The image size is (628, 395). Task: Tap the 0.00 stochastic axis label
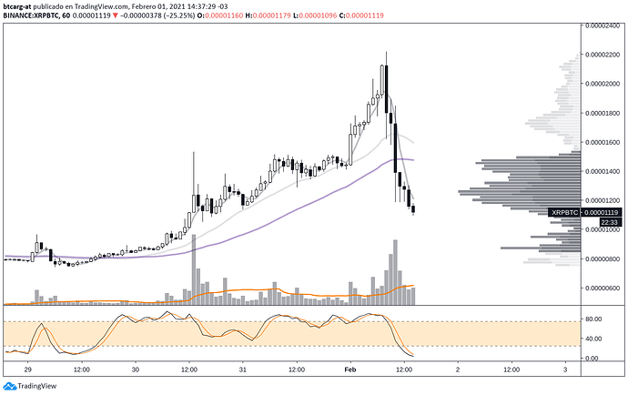coord(593,358)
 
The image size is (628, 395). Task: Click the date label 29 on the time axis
coord(28,370)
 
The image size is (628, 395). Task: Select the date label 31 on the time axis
coord(242,370)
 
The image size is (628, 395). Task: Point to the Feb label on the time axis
coord(350,370)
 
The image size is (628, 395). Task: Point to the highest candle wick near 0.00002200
coord(386,55)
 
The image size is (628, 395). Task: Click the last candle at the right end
coord(414,210)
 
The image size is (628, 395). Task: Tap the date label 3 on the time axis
coord(564,370)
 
